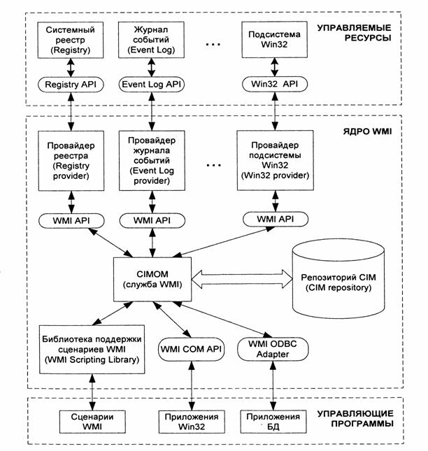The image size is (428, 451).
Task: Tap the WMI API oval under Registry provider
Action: [69, 220]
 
